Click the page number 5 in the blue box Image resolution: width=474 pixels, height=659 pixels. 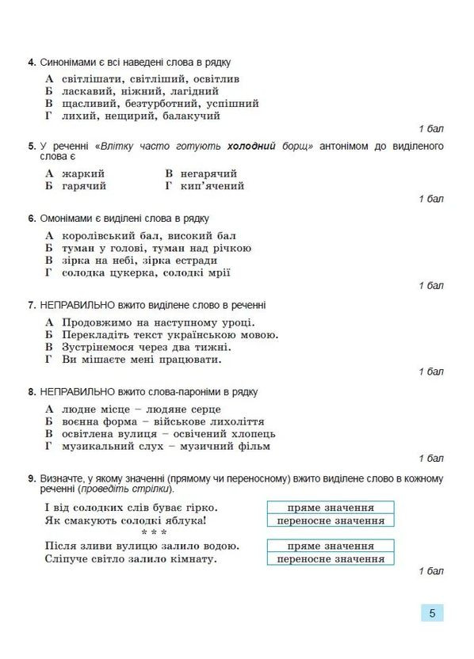pyautogui.click(x=432, y=612)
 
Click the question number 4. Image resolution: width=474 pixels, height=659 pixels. pyautogui.click(x=29, y=63)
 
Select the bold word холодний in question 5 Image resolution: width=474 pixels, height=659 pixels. pyautogui.click(x=251, y=147)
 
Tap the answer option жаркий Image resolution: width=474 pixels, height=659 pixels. pyautogui.click(x=83, y=173)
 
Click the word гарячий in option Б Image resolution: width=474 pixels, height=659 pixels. pyautogui.click(x=84, y=186)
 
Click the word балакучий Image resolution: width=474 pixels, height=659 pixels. pyautogui.click(x=190, y=116)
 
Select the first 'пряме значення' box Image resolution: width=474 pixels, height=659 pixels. pyautogui.click(x=331, y=508)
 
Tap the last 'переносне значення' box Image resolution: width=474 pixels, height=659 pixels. pyautogui.click(x=331, y=559)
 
